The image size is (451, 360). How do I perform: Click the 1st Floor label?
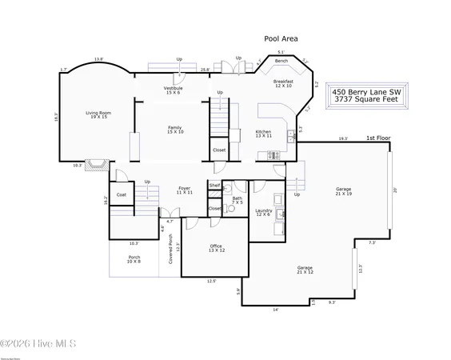tap(377, 138)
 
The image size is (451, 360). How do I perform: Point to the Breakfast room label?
tap(283, 82)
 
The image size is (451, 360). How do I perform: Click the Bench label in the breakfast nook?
tap(281, 62)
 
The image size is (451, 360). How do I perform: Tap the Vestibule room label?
tap(174, 90)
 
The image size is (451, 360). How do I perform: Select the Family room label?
tap(174, 130)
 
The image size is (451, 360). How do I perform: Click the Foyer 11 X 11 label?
tap(185, 190)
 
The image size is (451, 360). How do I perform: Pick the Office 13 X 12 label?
tap(216, 247)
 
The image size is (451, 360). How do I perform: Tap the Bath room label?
tap(237, 200)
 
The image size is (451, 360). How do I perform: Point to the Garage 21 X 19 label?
tap(343, 191)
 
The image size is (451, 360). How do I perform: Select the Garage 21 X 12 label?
tap(305, 270)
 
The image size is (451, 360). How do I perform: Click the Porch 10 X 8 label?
tap(134, 259)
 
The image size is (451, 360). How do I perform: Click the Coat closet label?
tap(122, 194)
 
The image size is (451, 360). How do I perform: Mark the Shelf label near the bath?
tap(214, 185)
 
